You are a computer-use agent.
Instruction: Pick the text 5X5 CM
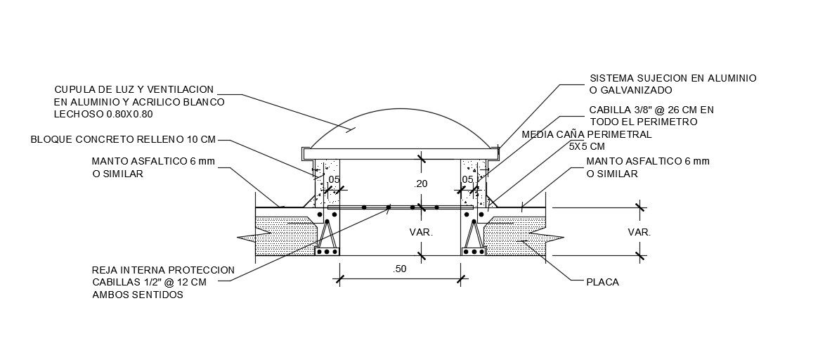point(586,146)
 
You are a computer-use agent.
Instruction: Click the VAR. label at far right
point(639,231)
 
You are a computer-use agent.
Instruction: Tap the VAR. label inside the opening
point(422,231)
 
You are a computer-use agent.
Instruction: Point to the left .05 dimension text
point(333,180)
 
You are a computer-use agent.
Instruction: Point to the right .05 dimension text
point(467,180)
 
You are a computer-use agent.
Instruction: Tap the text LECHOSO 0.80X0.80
point(103,114)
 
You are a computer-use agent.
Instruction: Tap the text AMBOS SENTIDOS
point(138,295)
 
